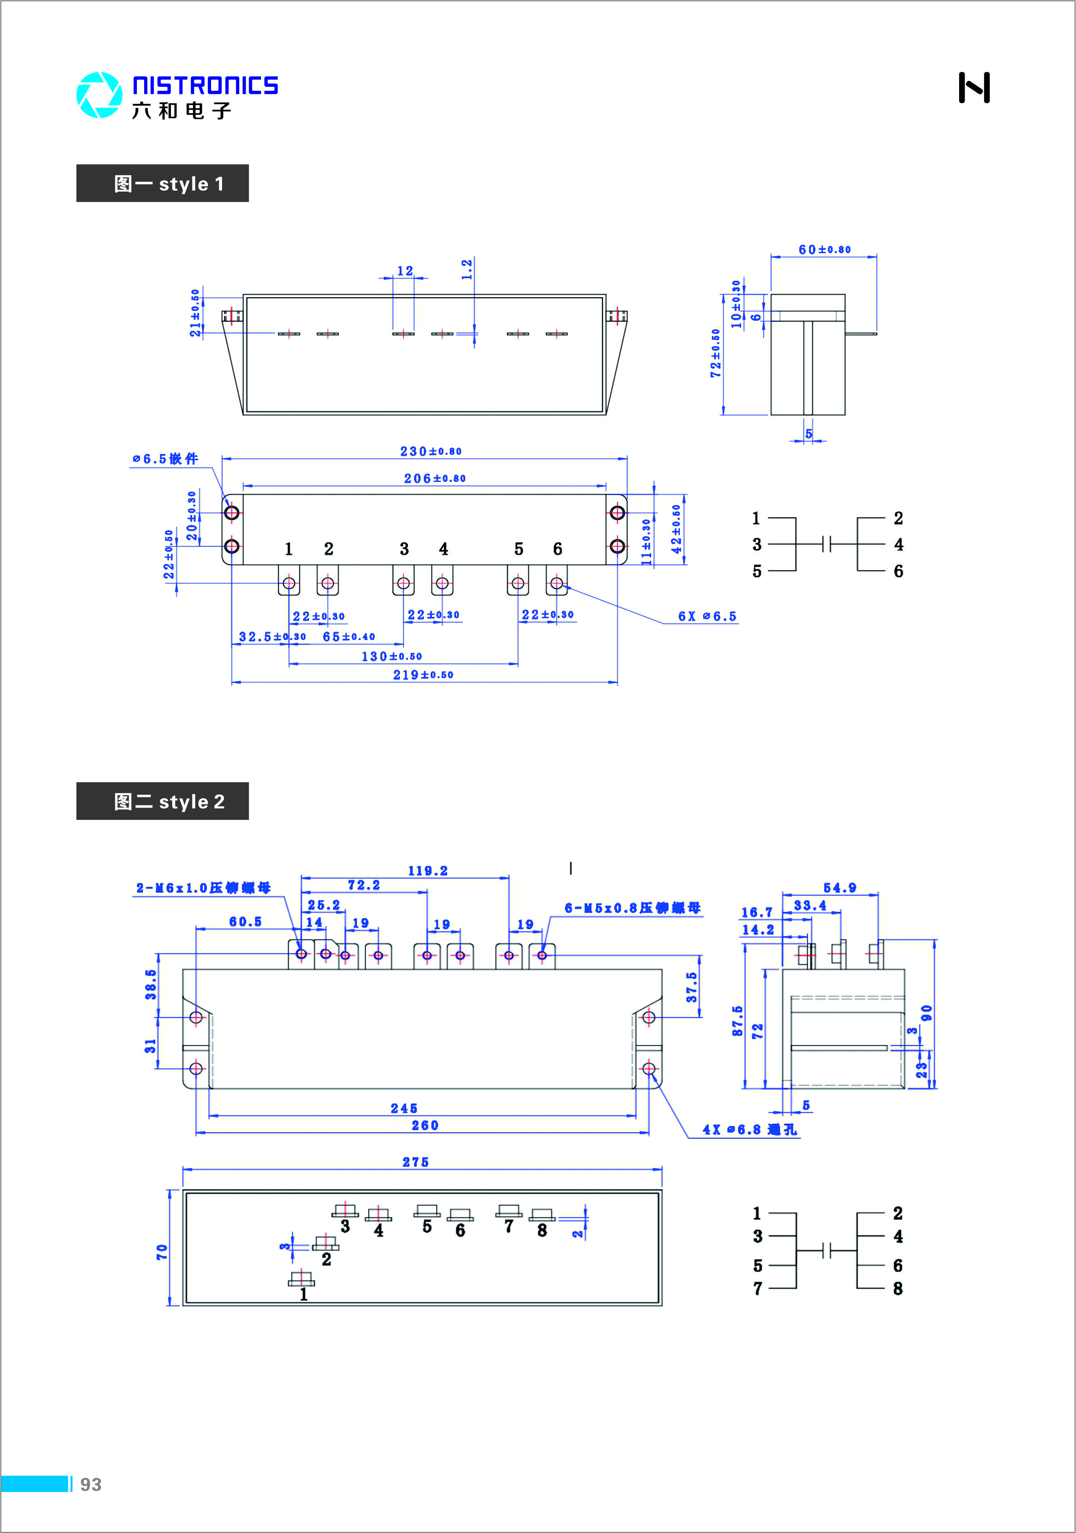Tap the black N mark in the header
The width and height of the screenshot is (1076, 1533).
(974, 87)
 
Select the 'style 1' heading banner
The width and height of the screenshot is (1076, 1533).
(162, 184)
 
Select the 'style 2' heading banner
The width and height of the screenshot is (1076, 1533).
(162, 801)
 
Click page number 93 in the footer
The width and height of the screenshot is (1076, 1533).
(91, 1484)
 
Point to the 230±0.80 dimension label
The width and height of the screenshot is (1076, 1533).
(431, 451)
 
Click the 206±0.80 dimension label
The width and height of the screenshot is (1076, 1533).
(435, 478)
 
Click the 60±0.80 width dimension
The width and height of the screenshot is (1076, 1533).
(825, 250)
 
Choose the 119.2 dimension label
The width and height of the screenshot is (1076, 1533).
(428, 870)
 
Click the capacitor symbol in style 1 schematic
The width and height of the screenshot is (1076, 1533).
(827, 544)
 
